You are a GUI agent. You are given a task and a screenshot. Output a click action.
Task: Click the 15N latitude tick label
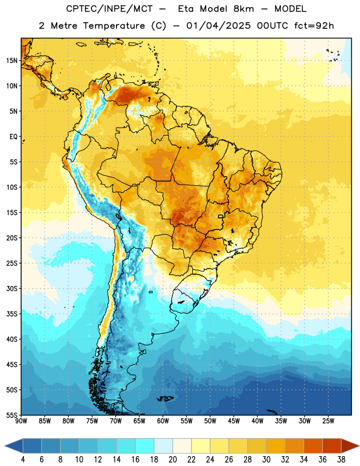coord(12,61)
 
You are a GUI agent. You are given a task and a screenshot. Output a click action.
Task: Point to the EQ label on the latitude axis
coord(13,137)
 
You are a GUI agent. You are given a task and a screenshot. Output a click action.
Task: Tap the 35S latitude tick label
coord(12,314)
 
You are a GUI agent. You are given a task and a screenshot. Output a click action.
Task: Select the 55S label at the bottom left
coord(12,415)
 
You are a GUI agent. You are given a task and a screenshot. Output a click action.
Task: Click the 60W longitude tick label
coord(163,421)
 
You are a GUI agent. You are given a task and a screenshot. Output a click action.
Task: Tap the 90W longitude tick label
coord(22,421)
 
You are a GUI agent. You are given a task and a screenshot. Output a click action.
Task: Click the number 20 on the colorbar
coord(172,460)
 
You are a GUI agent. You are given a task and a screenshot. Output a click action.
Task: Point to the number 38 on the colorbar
coord(341,460)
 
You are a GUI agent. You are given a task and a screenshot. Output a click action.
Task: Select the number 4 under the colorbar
coord(23,460)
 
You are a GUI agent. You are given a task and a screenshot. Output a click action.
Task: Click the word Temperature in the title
coord(114,26)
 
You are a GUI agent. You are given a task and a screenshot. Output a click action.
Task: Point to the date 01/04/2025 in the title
coord(218,26)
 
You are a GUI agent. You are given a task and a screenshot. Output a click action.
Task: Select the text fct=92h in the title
coord(314,26)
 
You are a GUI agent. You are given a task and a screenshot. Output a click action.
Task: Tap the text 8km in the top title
coord(243,9)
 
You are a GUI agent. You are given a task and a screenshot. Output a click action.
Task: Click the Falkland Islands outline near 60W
coord(165,398)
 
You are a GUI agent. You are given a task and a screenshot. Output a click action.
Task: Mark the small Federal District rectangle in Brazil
coord(221,216)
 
